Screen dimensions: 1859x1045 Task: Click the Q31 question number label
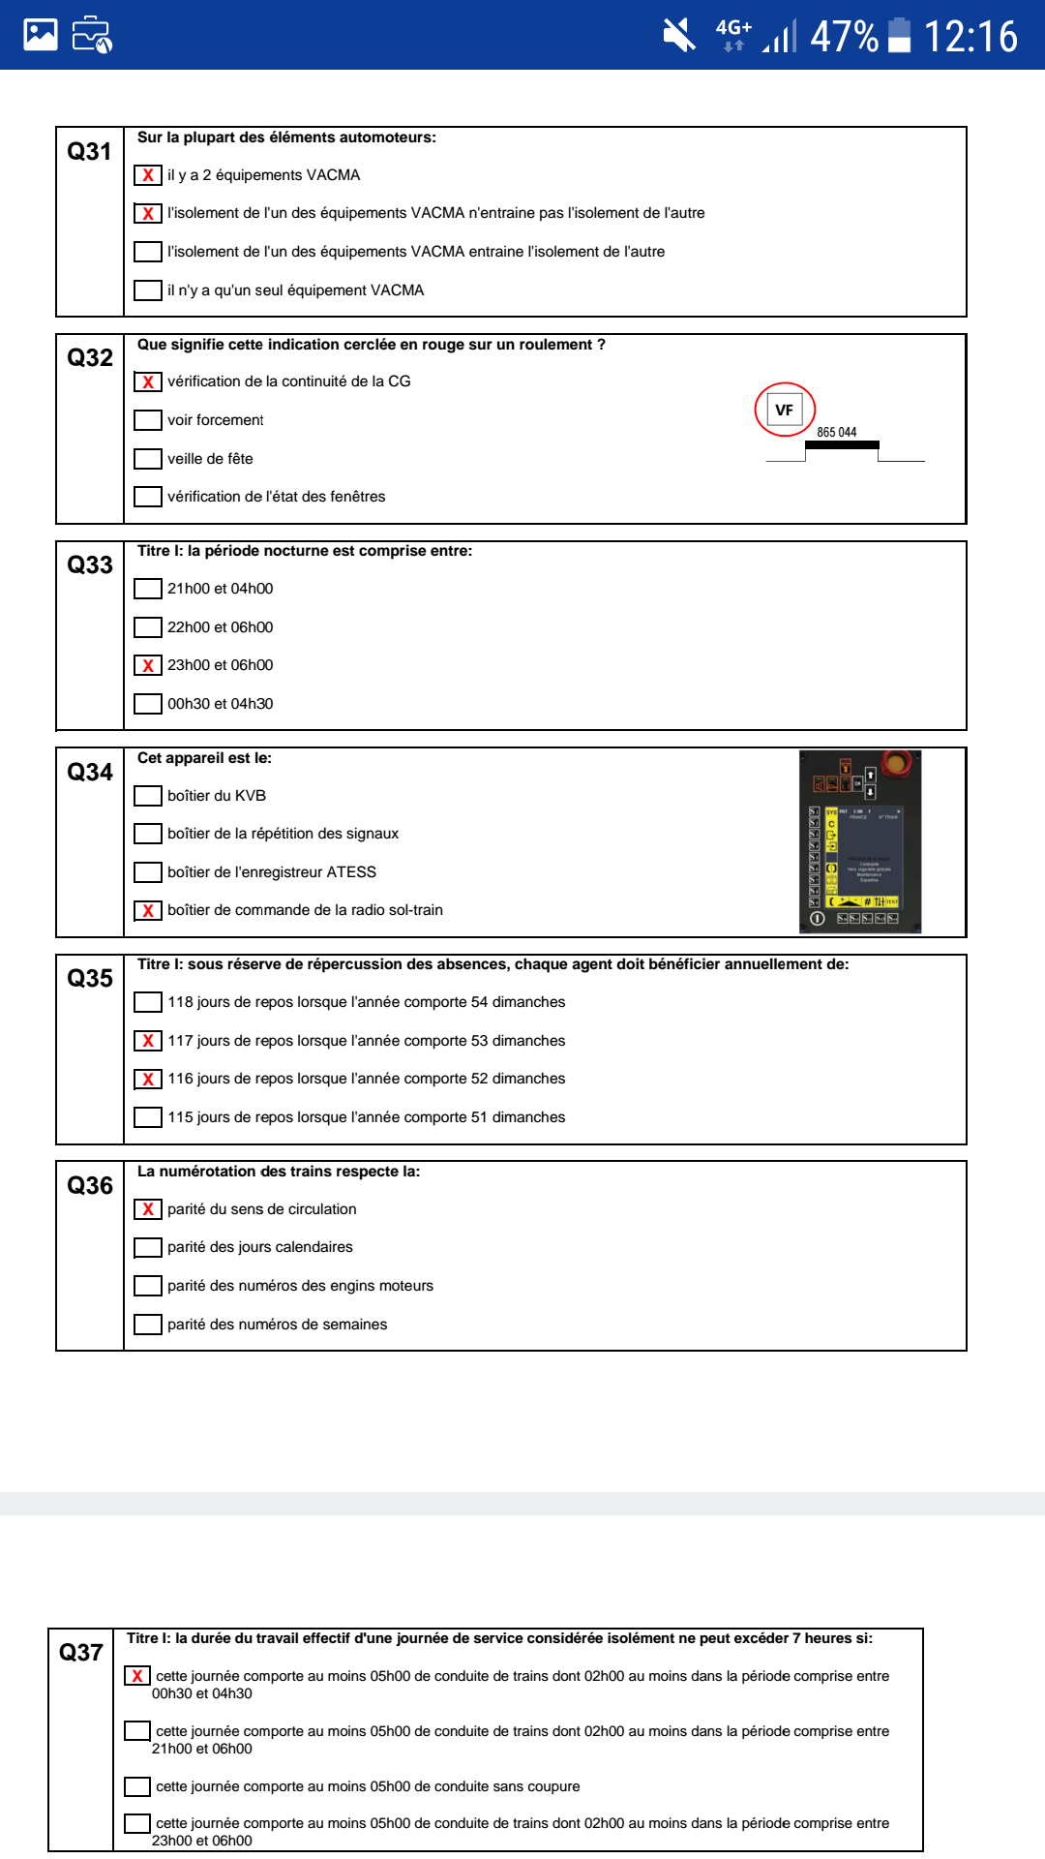point(89,152)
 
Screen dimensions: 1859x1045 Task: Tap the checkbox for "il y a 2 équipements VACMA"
point(148,175)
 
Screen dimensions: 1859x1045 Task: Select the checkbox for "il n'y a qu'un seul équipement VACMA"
point(148,290)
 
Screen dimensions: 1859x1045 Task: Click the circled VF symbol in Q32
point(785,410)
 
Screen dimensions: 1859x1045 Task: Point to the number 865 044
point(836,433)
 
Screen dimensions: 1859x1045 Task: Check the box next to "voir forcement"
point(148,420)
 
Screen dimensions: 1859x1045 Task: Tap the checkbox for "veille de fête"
point(148,459)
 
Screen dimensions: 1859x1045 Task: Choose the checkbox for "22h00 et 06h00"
point(148,627)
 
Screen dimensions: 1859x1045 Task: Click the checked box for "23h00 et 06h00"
point(148,665)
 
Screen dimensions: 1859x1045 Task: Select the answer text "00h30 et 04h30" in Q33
point(220,704)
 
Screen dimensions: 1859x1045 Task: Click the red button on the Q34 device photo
point(896,764)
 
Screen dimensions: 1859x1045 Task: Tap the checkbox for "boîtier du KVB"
point(148,796)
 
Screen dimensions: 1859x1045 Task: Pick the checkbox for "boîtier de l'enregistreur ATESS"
point(148,872)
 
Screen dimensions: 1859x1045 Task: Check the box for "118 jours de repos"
point(148,1002)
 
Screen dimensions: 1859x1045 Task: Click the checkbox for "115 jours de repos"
point(148,1117)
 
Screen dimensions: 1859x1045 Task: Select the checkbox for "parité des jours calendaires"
point(148,1247)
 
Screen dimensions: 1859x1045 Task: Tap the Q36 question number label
point(90,1186)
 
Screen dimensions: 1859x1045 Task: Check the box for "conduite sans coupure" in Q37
point(137,1786)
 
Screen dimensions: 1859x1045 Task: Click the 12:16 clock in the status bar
point(970,37)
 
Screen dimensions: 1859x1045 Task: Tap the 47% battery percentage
point(844,37)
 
